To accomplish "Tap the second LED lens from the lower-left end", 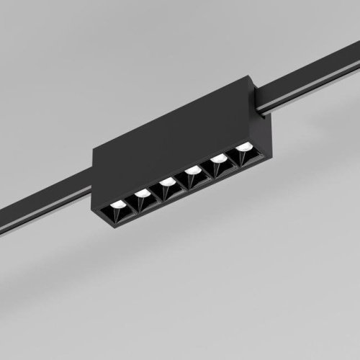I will tap(142, 193).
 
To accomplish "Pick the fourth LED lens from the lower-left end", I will tap(192, 170).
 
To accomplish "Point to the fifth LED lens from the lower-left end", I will tap(218, 158).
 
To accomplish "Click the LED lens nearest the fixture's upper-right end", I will tap(244, 147).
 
